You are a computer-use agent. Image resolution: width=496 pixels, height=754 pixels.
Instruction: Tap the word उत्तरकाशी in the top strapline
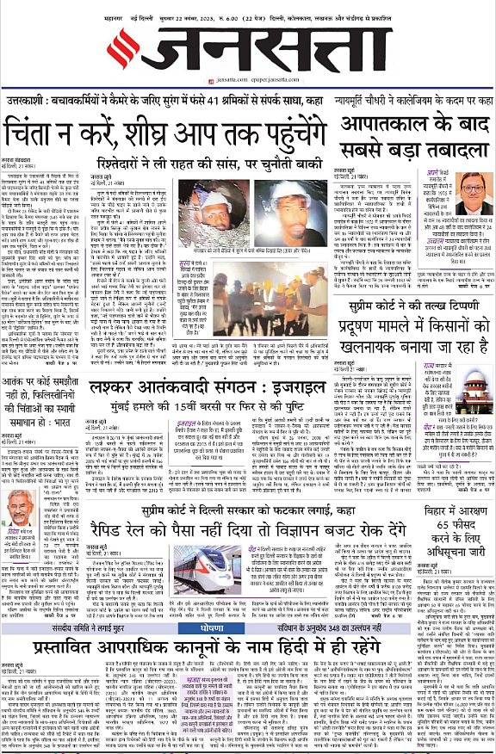tap(34, 102)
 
